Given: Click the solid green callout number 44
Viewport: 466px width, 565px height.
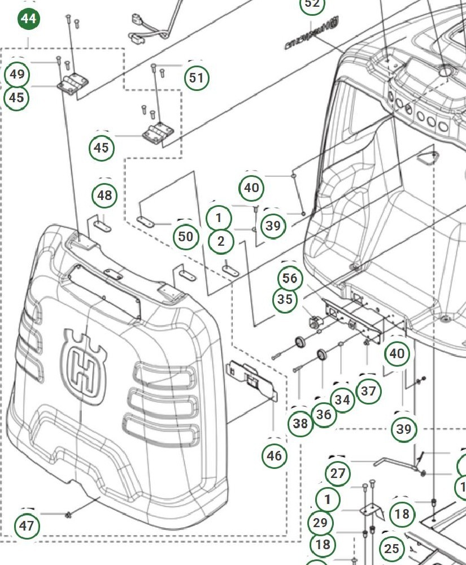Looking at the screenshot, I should point(28,19).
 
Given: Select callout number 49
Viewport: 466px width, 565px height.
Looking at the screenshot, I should point(17,74).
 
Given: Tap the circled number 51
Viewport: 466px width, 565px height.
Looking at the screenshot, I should point(197,77).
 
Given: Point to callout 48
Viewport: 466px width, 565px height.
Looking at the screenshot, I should point(104,195).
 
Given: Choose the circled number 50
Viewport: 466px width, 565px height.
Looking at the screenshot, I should point(186,236).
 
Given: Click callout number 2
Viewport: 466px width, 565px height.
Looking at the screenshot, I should point(221,241).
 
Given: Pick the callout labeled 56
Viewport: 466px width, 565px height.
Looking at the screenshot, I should point(290,278).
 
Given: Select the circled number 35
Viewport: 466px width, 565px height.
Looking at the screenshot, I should point(285,299).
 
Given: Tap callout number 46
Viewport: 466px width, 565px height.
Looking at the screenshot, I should point(275,455).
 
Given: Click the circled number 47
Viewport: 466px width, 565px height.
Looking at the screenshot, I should point(27,526).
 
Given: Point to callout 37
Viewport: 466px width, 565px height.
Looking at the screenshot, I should point(369,390).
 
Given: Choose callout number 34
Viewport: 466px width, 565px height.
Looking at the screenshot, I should point(342,400).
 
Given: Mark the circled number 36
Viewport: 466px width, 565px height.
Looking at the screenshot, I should point(323,414).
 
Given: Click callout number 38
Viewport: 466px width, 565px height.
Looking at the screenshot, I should point(300,423).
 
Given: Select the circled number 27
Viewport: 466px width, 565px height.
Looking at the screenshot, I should point(338,473).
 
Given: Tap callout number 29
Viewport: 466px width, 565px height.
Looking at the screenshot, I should point(320,523).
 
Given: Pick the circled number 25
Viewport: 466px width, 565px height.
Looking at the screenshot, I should point(391,548).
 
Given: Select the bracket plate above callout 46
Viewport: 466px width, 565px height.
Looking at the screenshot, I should point(252,380).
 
